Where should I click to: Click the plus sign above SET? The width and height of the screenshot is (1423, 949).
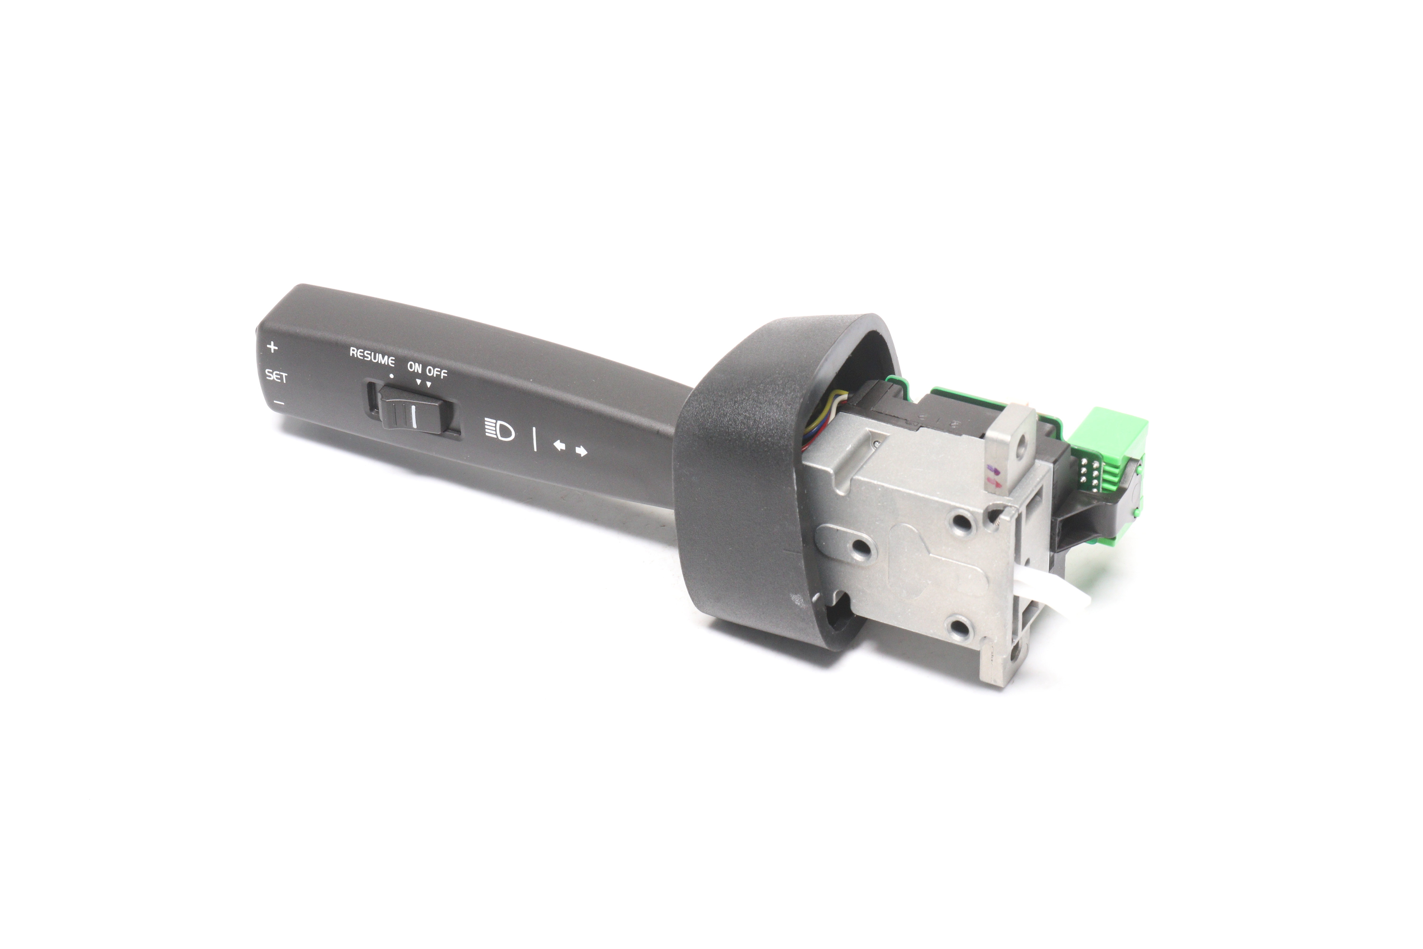272,347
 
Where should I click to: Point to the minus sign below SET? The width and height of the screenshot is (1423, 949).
279,402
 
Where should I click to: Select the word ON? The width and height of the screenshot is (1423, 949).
414,367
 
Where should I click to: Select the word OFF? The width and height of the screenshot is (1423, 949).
436,372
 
